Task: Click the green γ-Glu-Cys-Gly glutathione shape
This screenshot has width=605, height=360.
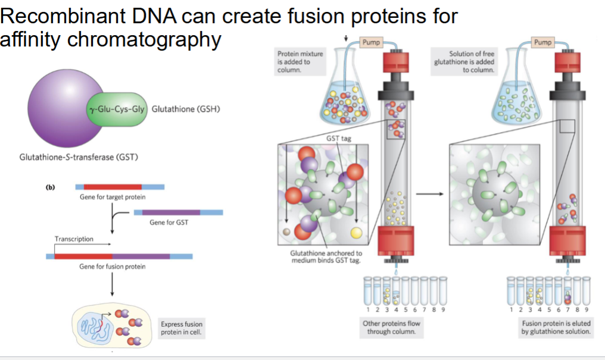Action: coord(117,109)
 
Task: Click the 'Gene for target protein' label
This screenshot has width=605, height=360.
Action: coord(113,197)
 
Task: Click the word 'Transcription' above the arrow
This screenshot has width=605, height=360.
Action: coord(74,239)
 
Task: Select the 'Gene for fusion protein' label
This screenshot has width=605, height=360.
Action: coord(112,267)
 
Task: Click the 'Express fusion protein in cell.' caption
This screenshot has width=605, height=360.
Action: coord(181,328)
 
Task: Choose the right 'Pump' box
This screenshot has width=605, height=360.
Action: coord(543,42)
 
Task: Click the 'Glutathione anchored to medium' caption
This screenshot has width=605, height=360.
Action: coord(325,256)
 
